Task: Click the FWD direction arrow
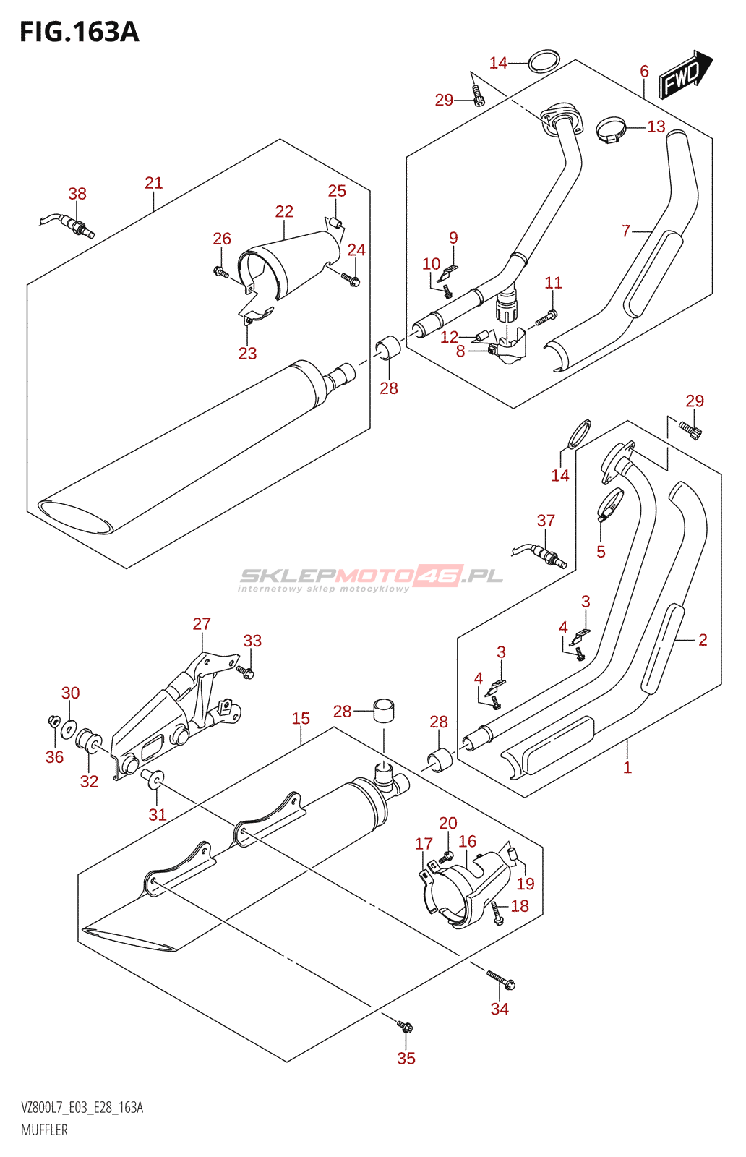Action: pos(685,75)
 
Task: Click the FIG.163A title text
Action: pos(80,32)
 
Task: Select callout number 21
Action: pos(154,183)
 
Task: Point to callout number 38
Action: pos(77,194)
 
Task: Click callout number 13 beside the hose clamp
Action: pos(656,127)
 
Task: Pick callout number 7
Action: pos(626,231)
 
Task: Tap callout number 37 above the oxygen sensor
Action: pos(546,520)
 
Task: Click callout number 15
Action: pos(301,718)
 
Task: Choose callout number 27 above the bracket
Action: pos(202,624)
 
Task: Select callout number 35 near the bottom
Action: pos(406,1059)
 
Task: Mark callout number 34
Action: pos(500,1009)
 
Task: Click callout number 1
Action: pos(627,767)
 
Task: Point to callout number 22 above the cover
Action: pos(284,211)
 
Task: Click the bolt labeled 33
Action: pos(245,672)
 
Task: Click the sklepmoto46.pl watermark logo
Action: pos(371,578)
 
